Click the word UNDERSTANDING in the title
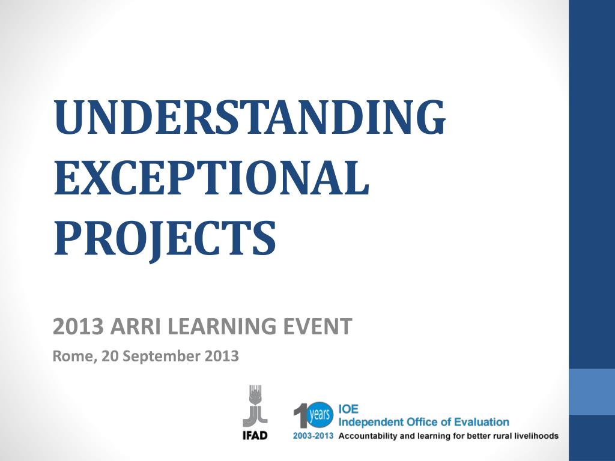point(249,117)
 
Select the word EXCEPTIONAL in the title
point(211,179)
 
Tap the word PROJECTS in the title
point(165,238)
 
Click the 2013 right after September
point(222,357)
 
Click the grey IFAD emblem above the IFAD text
point(255,406)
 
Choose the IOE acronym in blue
point(349,409)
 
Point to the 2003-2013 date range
point(314,436)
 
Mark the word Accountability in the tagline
point(368,436)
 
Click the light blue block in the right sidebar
point(592,391)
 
